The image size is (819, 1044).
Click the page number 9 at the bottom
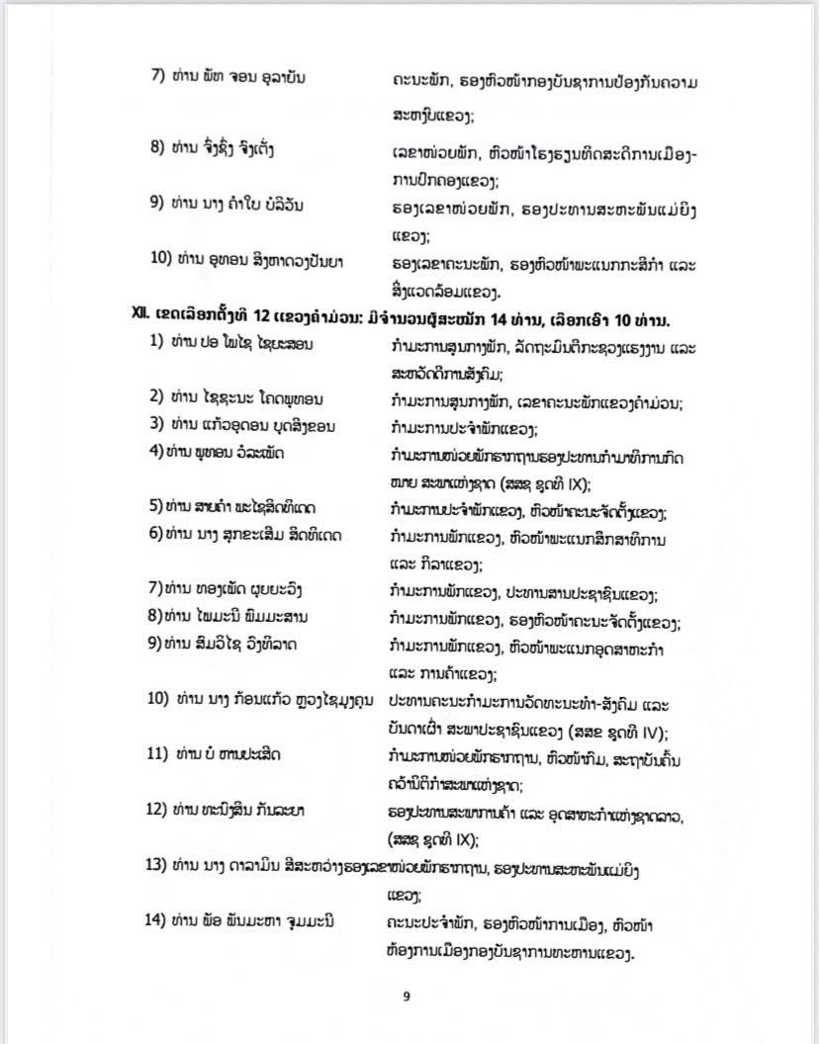[x=407, y=997]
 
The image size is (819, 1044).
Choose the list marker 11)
[x=159, y=755]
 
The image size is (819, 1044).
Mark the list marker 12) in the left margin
[x=159, y=810]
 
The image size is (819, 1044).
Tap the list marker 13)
[x=158, y=865]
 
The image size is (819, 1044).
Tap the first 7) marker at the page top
[x=157, y=78]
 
